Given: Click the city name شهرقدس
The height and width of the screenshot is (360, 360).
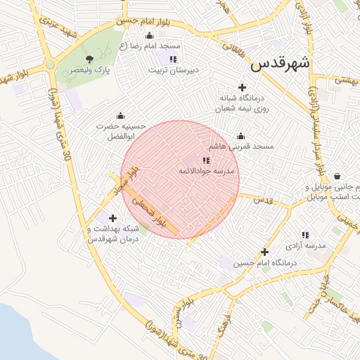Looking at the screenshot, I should [x=280, y=63].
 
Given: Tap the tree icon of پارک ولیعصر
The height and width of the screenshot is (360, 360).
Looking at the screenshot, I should [x=89, y=59].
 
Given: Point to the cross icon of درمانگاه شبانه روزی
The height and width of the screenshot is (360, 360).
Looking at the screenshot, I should [x=243, y=88].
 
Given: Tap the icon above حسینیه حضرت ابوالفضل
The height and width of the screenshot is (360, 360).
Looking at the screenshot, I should [x=121, y=115].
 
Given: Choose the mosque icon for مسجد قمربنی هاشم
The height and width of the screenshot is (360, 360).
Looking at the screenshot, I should [x=241, y=136].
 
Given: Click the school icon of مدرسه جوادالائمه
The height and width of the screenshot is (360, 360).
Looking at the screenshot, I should [x=206, y=161].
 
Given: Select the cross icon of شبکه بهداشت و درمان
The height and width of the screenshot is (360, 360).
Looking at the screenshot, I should [x=112, y=219].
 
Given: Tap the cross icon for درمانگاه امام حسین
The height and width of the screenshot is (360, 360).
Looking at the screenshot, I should [x=264, y=252].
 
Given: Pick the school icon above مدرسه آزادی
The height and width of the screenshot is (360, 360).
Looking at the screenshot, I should [x=305, y=235].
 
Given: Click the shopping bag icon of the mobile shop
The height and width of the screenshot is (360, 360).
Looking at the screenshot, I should [x=338, y=176].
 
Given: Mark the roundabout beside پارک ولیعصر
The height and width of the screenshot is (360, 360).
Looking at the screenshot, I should [x=50, y=65].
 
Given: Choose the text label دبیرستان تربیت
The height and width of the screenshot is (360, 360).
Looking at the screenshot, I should [x=174, y=70].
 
